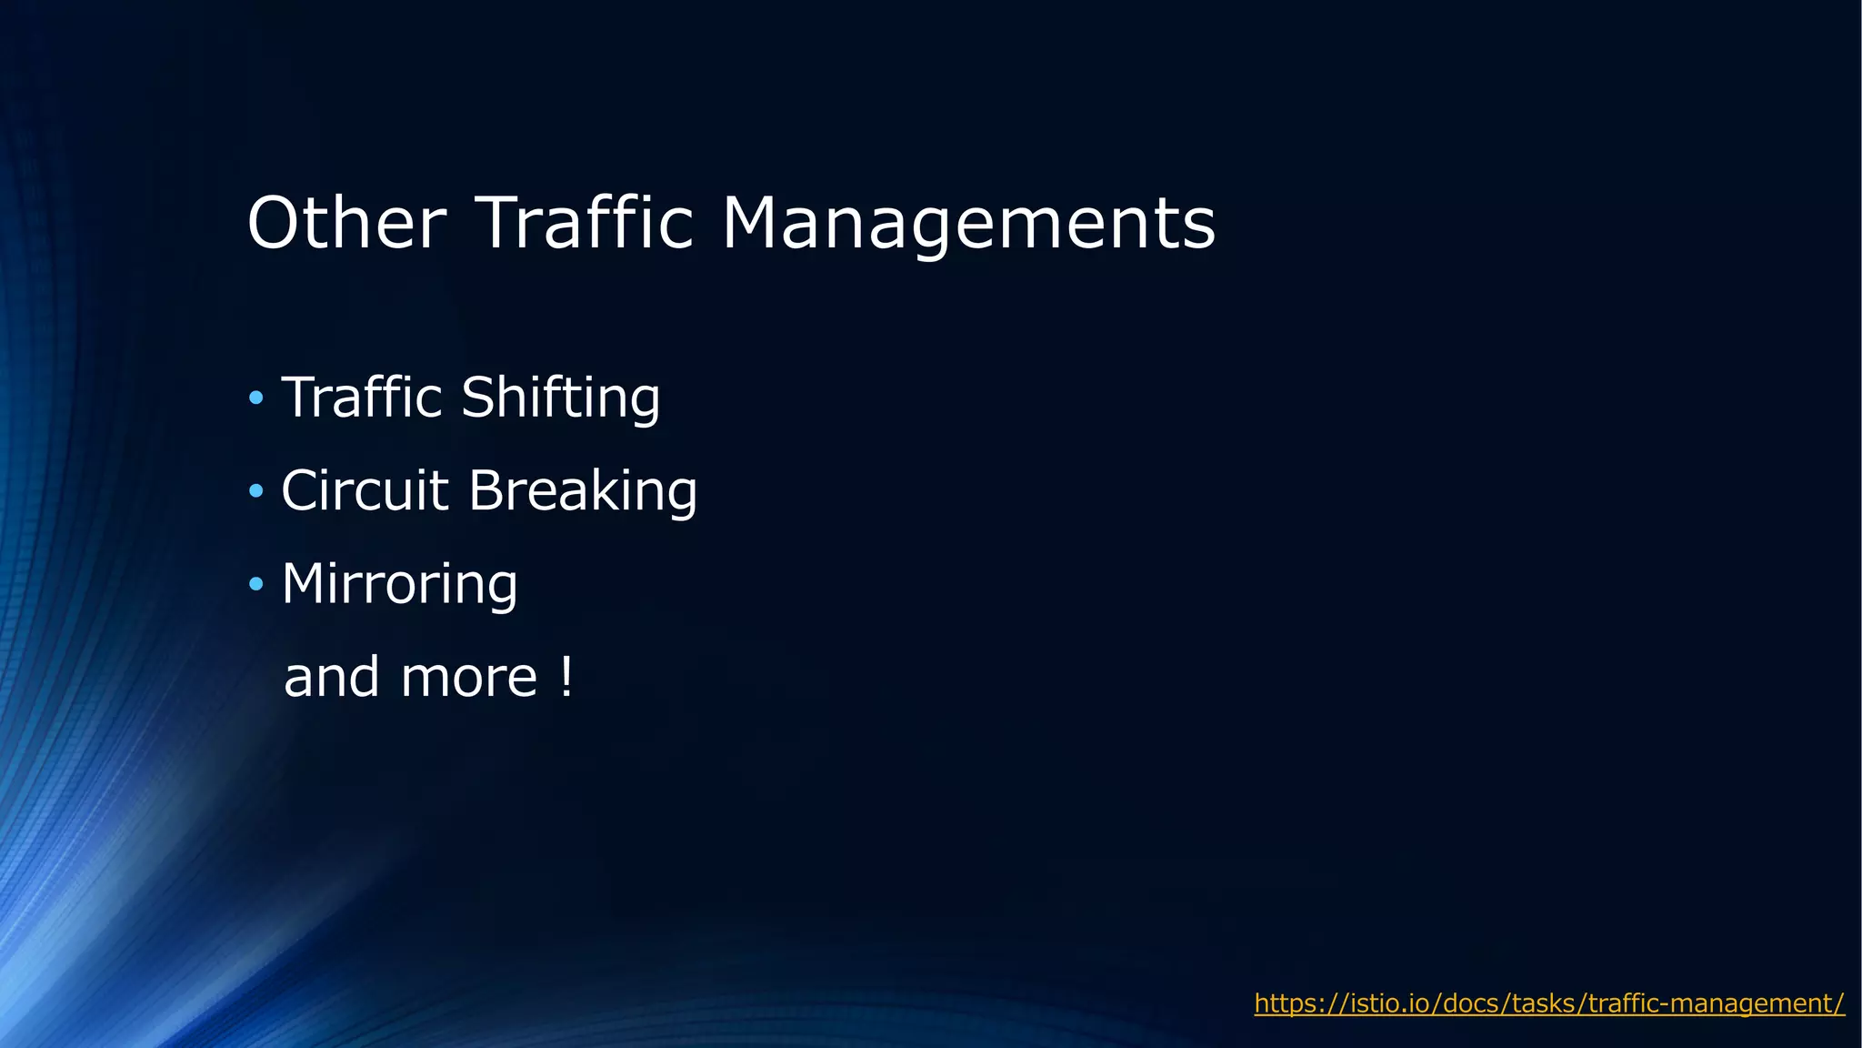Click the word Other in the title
point(346,223)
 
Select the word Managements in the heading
point(968,225)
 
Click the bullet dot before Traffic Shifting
point(256,398)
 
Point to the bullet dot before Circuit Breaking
point(256,491)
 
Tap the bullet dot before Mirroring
point(256,584)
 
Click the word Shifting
point(560,398)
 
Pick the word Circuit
point(365,491)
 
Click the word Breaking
point(583,491)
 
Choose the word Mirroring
point(400,584)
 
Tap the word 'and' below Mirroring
point(332,678)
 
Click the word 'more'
point(469,678)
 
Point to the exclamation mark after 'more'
point(567,678)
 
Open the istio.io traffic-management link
point(1549,1003)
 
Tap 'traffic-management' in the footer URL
point(1711,1003)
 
